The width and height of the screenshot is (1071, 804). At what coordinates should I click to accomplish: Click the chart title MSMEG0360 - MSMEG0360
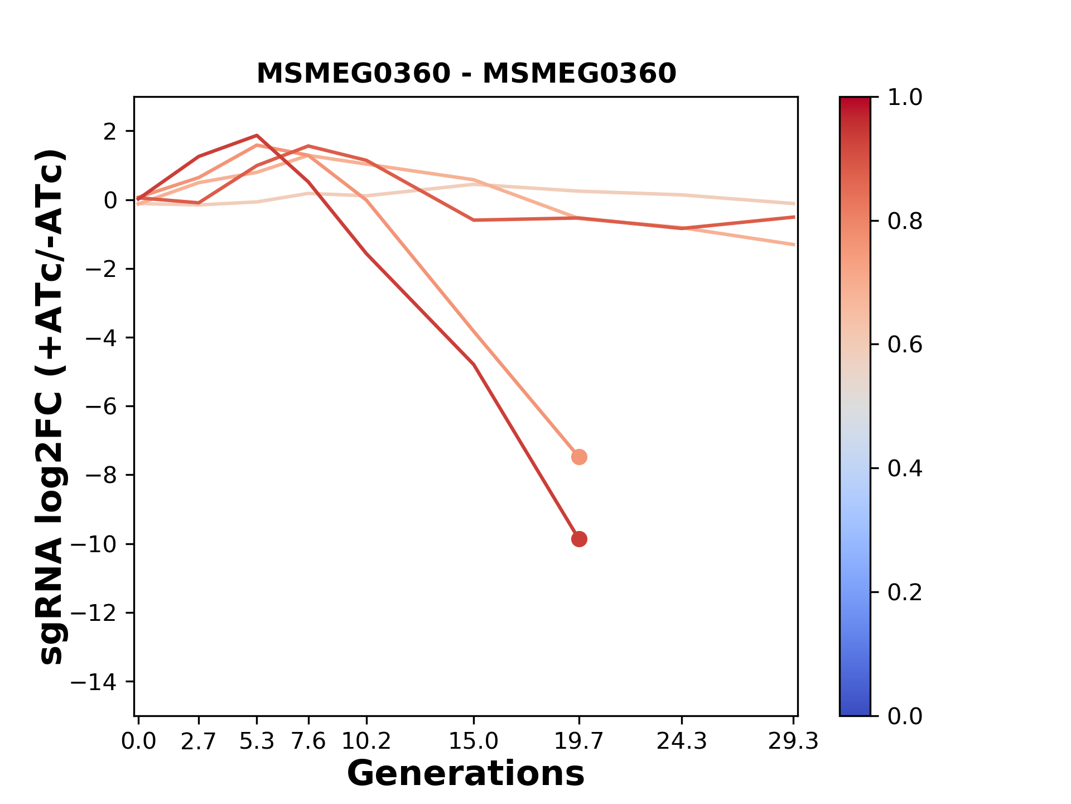tap(466, 74)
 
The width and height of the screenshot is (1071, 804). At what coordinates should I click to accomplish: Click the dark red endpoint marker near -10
tap(579, 539)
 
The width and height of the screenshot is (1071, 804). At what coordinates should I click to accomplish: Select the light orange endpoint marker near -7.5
tap(579, 457)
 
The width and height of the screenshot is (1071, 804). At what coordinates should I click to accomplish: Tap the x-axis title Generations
tap(466, 774)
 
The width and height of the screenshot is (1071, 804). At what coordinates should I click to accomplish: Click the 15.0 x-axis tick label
tap(474, 741)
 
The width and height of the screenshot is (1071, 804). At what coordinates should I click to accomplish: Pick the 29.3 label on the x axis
tap(793, 741)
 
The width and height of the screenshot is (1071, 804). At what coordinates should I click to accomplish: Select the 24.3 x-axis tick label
tap(682, 741)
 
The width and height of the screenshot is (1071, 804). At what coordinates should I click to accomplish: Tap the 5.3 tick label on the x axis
tap(257, 741)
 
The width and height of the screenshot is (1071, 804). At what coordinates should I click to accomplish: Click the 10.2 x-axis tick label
tap(366, 741)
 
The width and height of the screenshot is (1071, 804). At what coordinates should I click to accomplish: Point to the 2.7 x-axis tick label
tap(199, 741)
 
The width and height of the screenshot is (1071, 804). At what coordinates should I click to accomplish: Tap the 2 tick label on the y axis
tap(110, 132)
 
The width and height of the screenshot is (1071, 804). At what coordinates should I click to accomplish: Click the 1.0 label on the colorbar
tap(905, 98)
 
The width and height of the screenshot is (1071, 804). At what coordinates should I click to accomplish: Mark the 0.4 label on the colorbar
tap(905, 468)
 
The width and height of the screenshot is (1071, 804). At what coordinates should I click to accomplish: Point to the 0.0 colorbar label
tap(905, 716)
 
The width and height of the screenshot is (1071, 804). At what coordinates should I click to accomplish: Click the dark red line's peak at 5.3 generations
tap(257, 135)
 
